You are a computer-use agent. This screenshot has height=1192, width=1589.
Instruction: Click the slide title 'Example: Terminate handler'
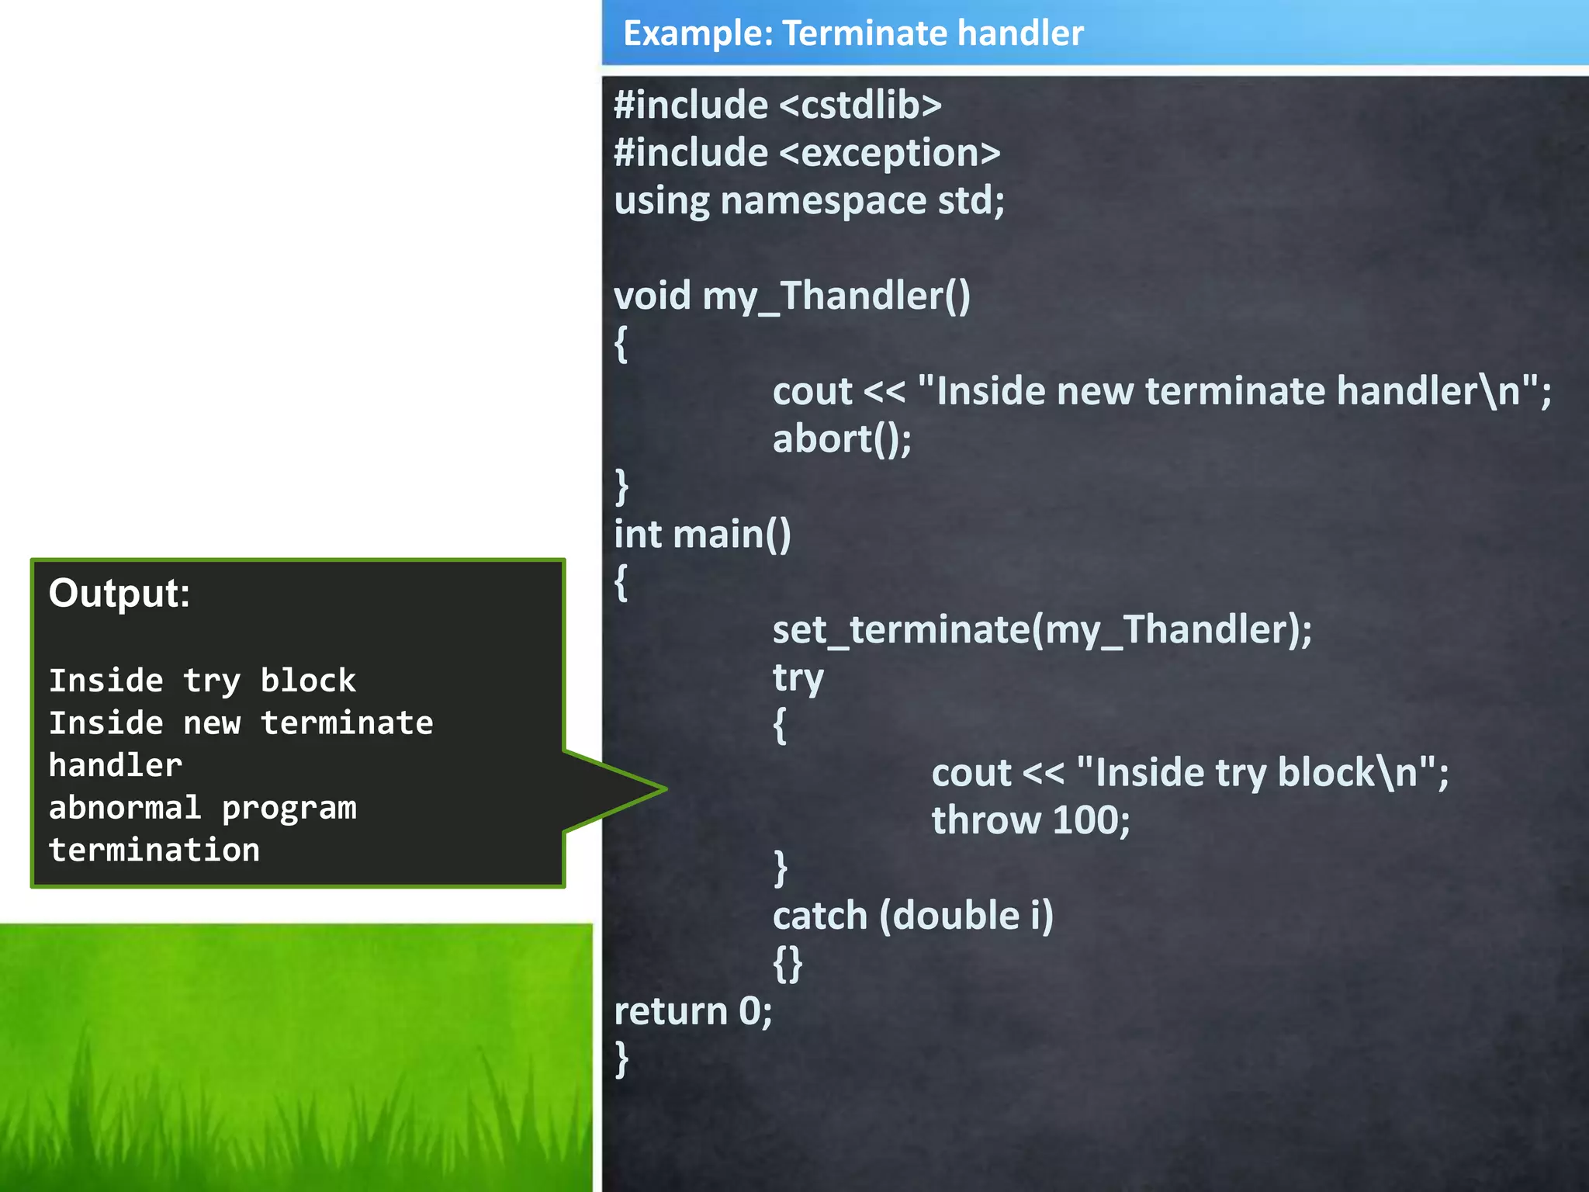pos(853,33)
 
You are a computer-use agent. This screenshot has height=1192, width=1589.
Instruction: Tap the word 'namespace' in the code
pos(822,201)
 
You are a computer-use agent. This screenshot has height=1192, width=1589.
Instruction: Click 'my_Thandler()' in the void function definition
pos(874,296)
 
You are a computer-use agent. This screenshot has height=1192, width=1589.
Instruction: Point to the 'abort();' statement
pos(842,439)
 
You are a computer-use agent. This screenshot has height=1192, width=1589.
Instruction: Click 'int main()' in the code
pos(702,535)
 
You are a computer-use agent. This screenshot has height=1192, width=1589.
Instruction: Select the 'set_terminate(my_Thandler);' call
pos(1041,629)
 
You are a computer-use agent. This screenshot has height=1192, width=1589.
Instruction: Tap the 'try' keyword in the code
pos(798,678)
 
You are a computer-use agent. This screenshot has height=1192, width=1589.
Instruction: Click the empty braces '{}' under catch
pos(788,964)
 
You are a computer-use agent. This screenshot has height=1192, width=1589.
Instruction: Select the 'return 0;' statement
pos(693,1011)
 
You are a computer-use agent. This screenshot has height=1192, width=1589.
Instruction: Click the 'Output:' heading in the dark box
pos(119,594)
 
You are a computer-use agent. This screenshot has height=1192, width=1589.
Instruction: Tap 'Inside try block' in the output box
pos(202,681)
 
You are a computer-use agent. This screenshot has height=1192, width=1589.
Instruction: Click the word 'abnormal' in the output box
pos(125,808)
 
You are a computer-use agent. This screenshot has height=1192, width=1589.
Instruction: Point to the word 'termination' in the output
pos(154,850)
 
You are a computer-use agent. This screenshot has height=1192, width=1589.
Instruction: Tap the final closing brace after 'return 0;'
pos(621,1059)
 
